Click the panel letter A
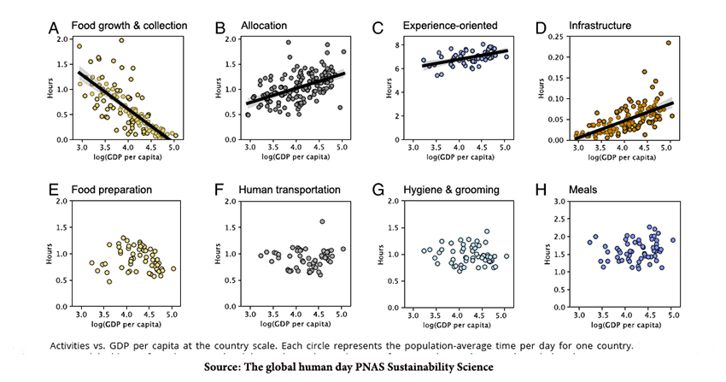(53, 27)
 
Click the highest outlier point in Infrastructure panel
(668, 43)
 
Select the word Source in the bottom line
(226, 367)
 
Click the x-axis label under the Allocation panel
(293, 156)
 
